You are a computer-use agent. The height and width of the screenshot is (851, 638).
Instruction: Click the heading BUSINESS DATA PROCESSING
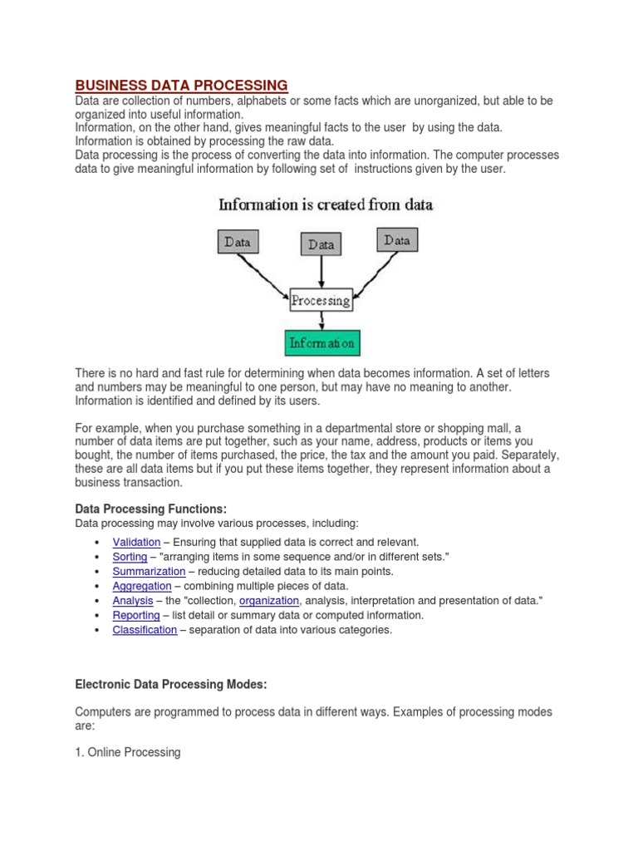coord(182,85)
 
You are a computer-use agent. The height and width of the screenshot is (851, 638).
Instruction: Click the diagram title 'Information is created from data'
coord(325,204)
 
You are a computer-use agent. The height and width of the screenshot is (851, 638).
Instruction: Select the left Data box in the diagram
coord(238,242)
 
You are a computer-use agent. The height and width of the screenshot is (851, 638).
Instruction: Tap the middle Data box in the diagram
coord(321,244)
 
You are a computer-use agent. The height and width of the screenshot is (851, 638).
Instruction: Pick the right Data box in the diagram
coord(397,240)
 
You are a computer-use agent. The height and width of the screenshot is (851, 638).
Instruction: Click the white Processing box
coord(321,300)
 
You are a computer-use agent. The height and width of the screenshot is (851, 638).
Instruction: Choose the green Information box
coord(321,342)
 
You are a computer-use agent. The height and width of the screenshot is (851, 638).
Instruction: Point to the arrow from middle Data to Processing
coord(321,272)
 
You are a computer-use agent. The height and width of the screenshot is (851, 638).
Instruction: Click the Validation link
coord(136,542)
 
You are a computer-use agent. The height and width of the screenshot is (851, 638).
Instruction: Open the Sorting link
coord(130,557)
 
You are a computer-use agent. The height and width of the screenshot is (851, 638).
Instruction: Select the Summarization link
coord(149,571)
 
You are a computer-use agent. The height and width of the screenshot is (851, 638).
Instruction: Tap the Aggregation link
coord(143,586)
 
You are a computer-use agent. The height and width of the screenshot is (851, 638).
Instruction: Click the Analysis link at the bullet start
coord(133,600)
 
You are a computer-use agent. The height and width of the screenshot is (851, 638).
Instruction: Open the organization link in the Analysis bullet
coord(268,600)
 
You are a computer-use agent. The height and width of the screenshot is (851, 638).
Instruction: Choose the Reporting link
coord(136,615)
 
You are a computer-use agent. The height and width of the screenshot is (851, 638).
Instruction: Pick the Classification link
coord(145,630)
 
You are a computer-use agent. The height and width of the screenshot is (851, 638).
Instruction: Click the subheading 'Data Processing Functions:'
coord(150,508)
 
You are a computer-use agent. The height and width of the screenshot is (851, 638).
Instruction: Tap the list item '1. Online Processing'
coord(128,752)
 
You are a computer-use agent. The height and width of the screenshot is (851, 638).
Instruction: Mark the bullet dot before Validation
coord(98,543)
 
